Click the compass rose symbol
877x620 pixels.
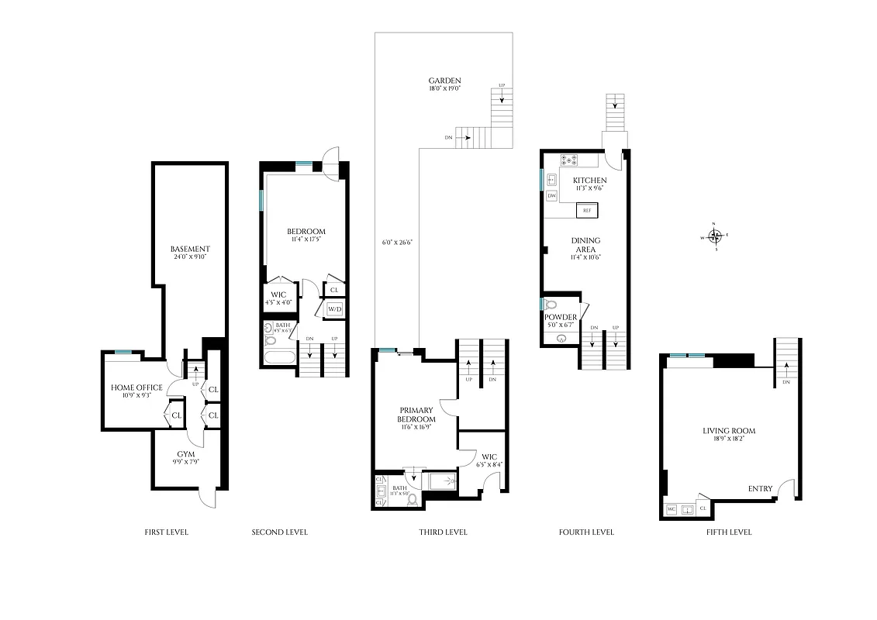click(715, 236)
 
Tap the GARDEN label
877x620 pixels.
click(445, 81)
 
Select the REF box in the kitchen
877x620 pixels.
click(587, 211)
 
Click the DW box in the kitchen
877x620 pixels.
click(552, 196)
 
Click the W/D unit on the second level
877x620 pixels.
click(334, 309)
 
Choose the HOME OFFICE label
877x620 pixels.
click(136, 387)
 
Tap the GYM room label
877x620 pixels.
click(185, 453)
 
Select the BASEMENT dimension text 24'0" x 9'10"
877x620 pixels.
click(191, 257)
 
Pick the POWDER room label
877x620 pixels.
click(561, 317)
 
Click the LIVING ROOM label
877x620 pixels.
click(729, 431)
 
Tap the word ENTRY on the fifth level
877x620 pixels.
click(759, 488)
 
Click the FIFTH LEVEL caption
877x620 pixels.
click(728, 532)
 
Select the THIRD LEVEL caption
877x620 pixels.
click(443, 532)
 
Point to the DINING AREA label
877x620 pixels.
click(585, 245)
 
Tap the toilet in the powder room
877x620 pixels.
click(551, 305)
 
